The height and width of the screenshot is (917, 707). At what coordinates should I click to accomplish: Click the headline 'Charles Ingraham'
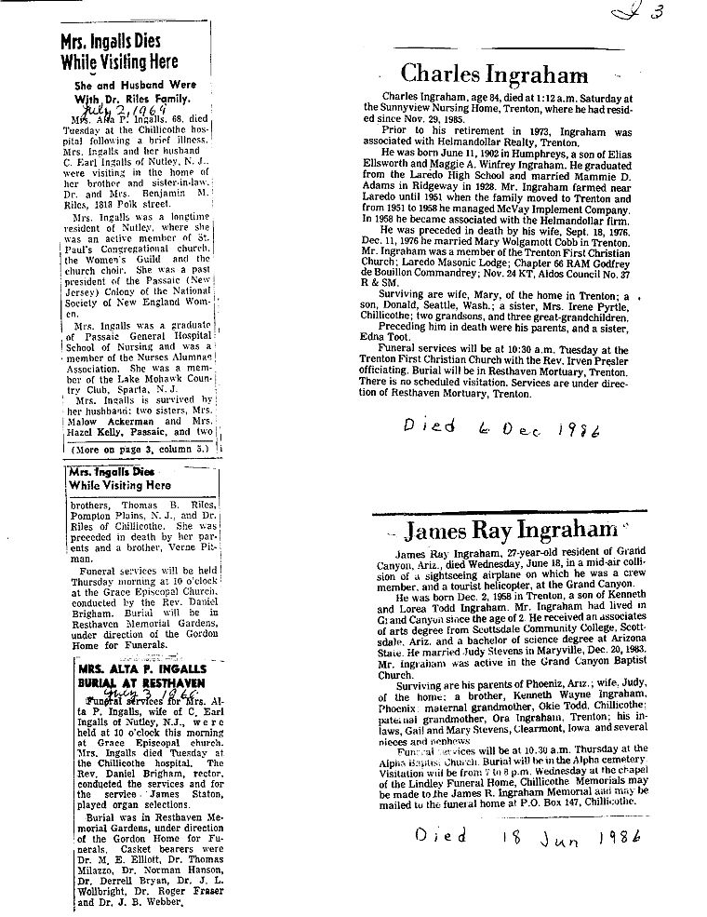(494, 74)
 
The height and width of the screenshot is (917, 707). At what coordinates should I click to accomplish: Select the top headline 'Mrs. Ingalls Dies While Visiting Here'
(119, 52)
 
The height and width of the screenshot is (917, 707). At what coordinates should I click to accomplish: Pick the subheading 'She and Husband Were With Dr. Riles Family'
(133, 91)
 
